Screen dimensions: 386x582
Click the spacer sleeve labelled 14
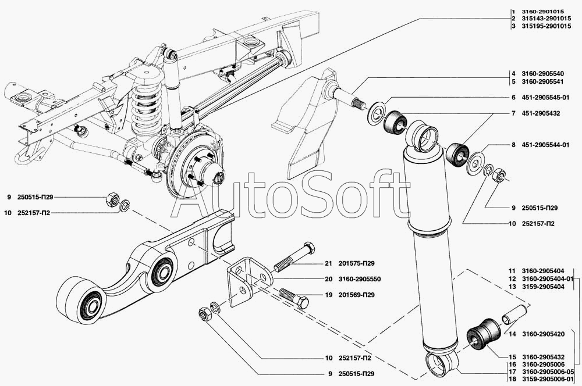(x=515, y=313)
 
